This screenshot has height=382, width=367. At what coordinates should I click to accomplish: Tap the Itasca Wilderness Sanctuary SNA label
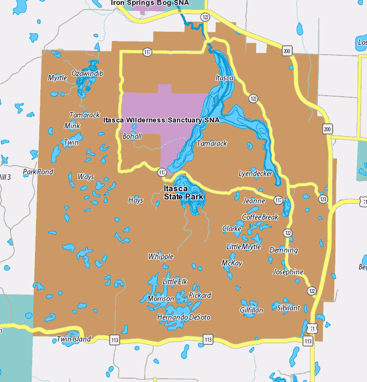pos(161,120)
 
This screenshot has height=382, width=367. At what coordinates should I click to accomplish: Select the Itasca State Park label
pos(183,192)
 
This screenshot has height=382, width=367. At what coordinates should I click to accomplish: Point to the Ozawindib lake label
pos(87,73)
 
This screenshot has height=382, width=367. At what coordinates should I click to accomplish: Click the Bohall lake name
pos(132,136)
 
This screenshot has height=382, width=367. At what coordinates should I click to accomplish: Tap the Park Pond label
pos(38,172)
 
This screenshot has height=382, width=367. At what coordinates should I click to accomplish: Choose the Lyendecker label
pos(256,174)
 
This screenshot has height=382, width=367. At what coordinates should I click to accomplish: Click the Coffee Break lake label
pos(260,217)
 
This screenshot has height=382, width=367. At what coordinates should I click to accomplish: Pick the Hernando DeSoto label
pos(183,318)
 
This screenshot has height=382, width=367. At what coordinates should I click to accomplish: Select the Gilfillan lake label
pos(251,310)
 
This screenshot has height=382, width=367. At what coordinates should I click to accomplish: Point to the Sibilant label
pos(288,308)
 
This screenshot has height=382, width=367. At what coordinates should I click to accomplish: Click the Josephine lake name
pos(288,272)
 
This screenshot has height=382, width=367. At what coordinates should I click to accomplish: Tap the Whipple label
pos(161,256)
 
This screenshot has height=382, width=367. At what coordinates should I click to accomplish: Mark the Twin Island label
pos(74,339)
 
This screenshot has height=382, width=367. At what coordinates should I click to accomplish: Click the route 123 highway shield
pos(323,199)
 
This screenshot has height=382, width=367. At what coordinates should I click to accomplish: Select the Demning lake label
pos(283,250)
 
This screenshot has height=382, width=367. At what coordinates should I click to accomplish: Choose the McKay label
pos(232,263)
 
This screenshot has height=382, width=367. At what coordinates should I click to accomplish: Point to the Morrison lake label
pos(161,299)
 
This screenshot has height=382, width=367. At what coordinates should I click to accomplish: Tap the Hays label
pos(135,201)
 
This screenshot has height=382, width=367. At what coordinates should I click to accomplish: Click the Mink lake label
pos(72,126)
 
